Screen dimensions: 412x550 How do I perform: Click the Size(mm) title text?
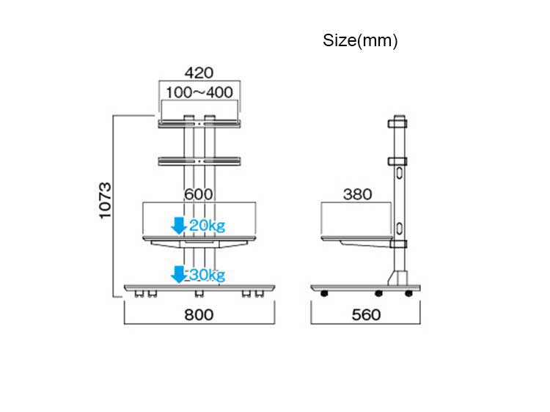point(360,41)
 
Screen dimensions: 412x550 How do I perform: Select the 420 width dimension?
point(199,73)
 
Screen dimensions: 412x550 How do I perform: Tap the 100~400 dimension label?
point(199,92)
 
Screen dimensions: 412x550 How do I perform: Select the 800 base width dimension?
point(199,315)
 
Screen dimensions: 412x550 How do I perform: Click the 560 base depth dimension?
point(366,315)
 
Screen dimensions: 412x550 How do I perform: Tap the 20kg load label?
point(207,226)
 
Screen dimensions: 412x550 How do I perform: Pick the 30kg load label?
point(207,275)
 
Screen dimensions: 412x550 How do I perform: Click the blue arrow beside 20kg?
point(178,225)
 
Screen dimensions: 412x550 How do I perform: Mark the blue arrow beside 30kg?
point(178,274)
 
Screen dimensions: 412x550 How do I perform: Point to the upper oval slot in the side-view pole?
point(400,174)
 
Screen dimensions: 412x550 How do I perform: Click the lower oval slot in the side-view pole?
point(400,227)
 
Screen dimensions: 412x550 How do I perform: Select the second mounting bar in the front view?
point(199,159)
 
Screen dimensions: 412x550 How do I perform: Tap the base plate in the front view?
point(199,287)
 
